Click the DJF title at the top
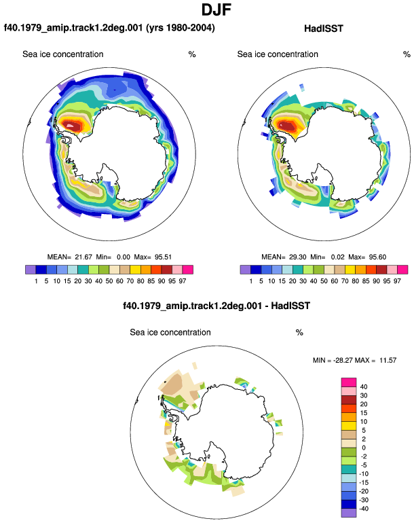tap(217, 10)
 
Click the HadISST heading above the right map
tap(323, 29)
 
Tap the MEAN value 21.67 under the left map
tap(83, 257)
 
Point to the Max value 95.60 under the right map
tap(377, 257)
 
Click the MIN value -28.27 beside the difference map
tap(343, 360)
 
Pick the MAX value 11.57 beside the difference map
tap(388, 360)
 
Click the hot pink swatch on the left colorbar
tap(188, 270)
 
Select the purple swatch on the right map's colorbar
tap(245, 270)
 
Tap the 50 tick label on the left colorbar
tap(109, 281)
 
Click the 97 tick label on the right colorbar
tap(397, 281)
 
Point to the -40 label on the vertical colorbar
tap(363, 509)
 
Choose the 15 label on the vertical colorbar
tap(364, 412)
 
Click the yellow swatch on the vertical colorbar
tap(349, 426)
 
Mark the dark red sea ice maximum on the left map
tap(73, 126)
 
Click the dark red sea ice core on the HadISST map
tap(287, 126)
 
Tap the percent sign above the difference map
tap(299, 333)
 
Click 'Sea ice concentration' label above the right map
tap(278, 54)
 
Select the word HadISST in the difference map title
tap(290, 306)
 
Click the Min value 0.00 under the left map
tap(124, 257)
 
